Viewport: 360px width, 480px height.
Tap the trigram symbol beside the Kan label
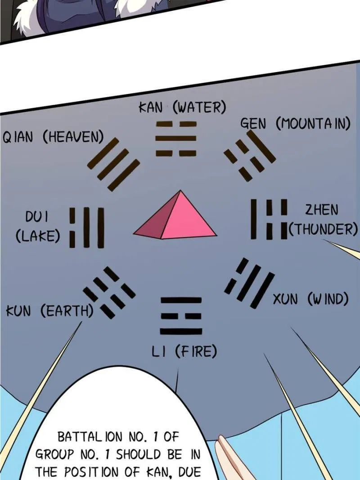click(176, 139)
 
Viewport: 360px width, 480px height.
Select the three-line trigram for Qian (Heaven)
click(113, 164)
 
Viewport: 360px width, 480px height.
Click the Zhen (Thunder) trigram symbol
click(269, 219)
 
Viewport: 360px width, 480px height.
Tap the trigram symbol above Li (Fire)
click(181, 316)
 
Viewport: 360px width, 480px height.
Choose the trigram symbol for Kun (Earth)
click(109, 293)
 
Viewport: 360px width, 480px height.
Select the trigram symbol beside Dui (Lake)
click(87, 228)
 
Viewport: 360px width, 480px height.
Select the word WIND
click(328, 299)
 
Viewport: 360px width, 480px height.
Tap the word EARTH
click(67, 311)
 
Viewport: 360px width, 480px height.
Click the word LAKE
click(38, 236)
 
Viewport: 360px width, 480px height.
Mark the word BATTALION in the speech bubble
click(90, 437)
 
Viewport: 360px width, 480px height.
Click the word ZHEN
click(322, 210)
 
